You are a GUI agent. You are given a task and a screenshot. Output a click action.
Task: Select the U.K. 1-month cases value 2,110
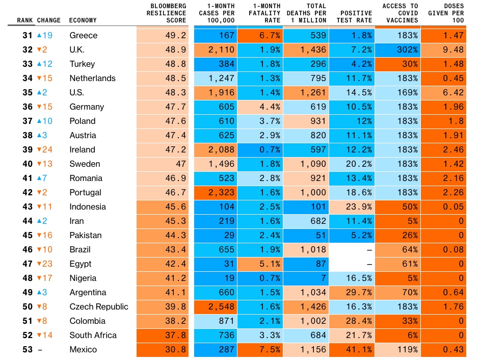221,50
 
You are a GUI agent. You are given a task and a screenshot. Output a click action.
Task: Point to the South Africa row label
93,336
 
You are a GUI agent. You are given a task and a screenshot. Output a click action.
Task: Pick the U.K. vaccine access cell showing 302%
407,50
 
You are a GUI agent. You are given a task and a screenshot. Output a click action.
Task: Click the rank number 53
28,350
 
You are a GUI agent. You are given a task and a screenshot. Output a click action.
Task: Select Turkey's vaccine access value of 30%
410,64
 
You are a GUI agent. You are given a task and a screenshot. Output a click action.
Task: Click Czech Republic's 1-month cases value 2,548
221,307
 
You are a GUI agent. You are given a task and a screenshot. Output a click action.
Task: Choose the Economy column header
83,21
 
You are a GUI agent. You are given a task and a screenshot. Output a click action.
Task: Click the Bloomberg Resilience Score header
166,13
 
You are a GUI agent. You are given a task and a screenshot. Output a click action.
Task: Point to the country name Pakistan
86,236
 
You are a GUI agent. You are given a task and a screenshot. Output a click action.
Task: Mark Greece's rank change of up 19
45,36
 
